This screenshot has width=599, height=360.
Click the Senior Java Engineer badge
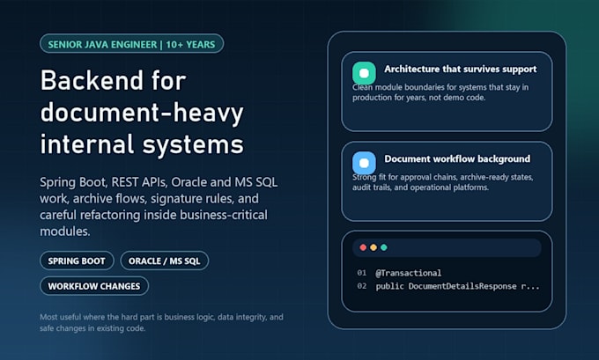[x=132, y=44]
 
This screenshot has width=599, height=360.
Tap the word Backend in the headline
[x=92, y=80]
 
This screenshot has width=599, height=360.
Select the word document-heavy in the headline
[x=142, y=114]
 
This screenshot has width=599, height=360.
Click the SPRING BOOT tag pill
[x=77, y=261]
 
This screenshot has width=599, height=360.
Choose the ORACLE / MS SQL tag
[x=164, y=261]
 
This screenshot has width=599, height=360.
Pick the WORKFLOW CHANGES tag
[x=94, y=286]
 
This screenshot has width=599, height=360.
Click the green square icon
[x=364, y=73]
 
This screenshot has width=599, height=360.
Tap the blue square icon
[x=364, y=163]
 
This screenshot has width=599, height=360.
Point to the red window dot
[x=363, y=247]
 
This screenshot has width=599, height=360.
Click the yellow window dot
[x=373, y=247]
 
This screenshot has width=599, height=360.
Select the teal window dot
[x=384, y=247]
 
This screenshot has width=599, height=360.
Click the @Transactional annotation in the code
[x=409, y=273]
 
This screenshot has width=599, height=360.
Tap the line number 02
[x=362, y=286]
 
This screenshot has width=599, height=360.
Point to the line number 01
[x=362, y=273]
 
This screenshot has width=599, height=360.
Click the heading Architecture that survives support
[x=461, y=70]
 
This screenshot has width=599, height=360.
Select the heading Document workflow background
[x=457, y=158]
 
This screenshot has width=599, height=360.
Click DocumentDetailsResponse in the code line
[x=462, y=286]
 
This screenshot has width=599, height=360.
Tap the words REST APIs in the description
[x=139, y=182]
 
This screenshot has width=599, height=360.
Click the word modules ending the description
[x=65, y=231]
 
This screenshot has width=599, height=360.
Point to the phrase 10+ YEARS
[x=190, y=44]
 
